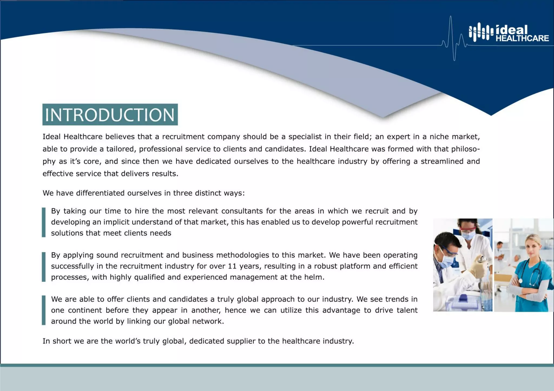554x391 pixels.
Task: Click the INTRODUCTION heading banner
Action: pos(110,115)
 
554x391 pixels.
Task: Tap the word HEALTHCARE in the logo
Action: pos(522,38)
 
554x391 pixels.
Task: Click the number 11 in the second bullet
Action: pos(232,266)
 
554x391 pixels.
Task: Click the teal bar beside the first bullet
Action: pos(44,222)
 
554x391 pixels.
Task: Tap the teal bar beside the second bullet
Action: pos(44,266)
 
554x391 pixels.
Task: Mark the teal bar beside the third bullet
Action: pos(44,310)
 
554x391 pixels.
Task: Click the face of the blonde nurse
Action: pos(532,246)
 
